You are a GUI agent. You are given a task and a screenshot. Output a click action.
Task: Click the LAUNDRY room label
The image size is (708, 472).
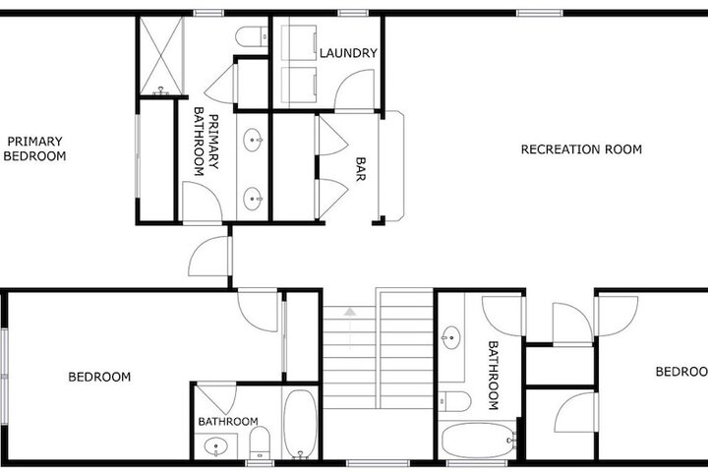[x=348, y=53]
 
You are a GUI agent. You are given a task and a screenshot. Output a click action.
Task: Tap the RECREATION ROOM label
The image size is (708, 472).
[x=581, y=149]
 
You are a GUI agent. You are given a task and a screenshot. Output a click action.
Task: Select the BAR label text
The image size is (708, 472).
[x=360, y=169]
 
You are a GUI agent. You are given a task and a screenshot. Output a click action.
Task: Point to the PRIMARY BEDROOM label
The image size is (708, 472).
[x=34, y=148]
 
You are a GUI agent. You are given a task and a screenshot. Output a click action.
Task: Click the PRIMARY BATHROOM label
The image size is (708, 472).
[x=206, y=142]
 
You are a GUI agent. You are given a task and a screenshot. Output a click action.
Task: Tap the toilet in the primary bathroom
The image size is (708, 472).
[x=252, y=36]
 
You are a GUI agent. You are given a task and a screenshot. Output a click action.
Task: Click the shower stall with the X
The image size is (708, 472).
[x=161, y=56]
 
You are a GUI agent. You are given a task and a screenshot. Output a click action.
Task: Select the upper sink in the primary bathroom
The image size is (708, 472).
[x=253, y=140]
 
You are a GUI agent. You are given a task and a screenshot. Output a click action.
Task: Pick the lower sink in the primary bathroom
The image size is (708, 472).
[x=253, y=199]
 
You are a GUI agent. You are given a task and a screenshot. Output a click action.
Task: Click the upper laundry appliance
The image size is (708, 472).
[x=299, y=42]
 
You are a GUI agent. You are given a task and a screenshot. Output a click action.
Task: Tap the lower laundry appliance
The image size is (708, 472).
[x=299, y=85]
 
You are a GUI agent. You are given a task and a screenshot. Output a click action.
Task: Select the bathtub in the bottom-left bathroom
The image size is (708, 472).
[x=300, y=424]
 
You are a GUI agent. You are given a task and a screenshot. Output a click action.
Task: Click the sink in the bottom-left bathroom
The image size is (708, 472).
[x=215, y=446]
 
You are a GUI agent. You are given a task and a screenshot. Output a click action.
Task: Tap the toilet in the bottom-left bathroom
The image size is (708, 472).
[x=260, y=442]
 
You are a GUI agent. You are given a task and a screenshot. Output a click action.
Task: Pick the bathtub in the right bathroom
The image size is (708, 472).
[x=479, y=440]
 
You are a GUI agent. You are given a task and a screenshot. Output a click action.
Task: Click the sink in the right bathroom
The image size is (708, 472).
[x=451, y=337]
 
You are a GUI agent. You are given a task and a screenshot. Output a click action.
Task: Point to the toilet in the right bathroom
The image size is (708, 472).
[x=455, y=401]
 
